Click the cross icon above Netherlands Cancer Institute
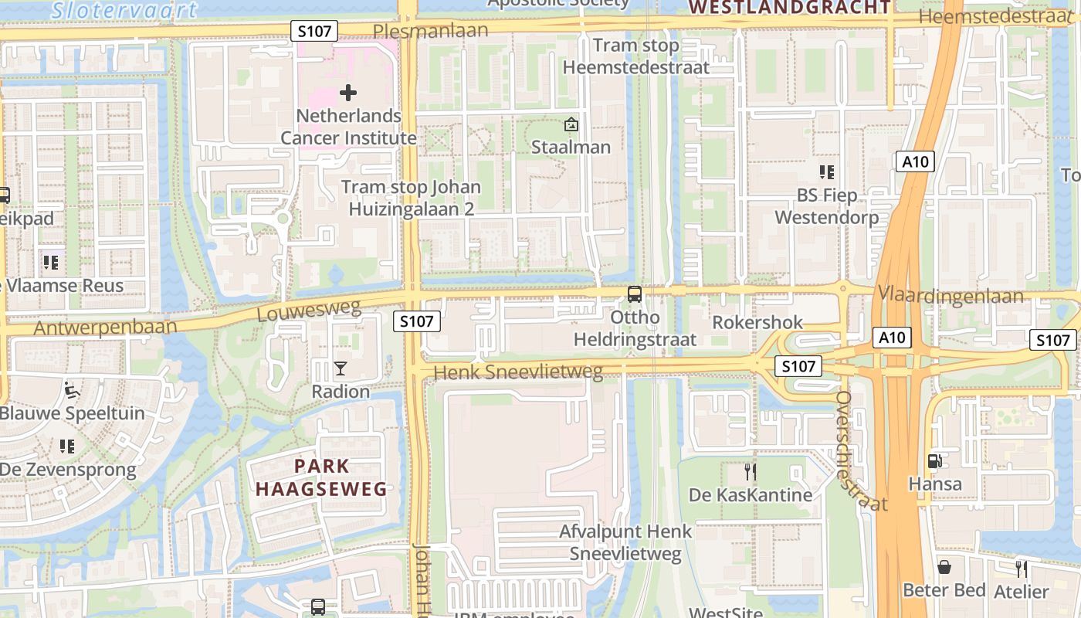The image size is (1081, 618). pyautogui.click(x=348, y=93)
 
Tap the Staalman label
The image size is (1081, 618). pyautogui.click(x=571, y=147)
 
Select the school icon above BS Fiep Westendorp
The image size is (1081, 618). pyautogui.click(x=827, y=171)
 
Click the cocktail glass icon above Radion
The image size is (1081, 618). pyautogui.click(x=341, y=368)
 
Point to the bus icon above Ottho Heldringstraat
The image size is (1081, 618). pyautogui.click(x=635, y=294)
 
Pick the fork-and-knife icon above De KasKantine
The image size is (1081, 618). pyautogui.click(x=749, y=471)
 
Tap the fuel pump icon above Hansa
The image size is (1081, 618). pyautogui.click(x=934, y=461)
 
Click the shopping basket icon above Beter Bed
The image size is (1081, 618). pyautogui.click(x=944, y=568)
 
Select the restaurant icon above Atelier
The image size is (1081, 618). pyautogui.click(x=1022, y=569)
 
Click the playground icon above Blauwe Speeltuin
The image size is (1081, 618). pyautogui.click(x=72, y=389)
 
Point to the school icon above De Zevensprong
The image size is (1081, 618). pyautogui.click(x=67, y=446)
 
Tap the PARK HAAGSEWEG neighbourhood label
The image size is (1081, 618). pyautogui.click(x=321, y=477)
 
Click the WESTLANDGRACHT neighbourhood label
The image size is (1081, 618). pyautogui.click(x=789, y=8)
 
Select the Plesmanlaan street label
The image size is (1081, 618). pyautogui.click(x=430, y=30)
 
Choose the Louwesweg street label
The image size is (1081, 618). pyautogui.click(x=309, y=311)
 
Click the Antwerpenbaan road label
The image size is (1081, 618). pyautogui.click(x=105, y=327)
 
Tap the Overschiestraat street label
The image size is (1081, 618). pyautogui.click(x=860, y=451)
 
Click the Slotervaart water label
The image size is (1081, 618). pyautogui.click(x=124, y=9)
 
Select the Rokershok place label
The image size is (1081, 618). pyautogui.click(x=757, y=322)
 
